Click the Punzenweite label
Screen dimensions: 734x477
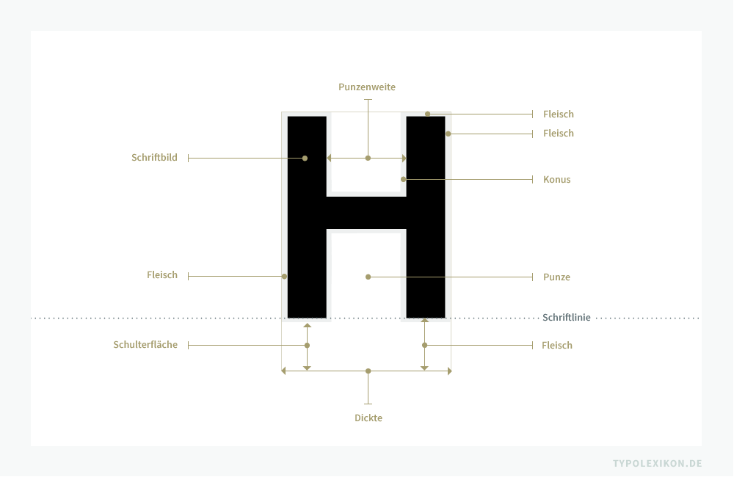(x=367, y=87)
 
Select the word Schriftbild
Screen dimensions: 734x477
(x=154, y=158)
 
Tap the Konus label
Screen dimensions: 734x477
(x=556, y=179)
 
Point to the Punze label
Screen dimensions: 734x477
(x=556, y=277)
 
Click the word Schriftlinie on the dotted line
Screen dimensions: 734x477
(x=567, y=317)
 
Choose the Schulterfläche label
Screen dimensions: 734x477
(x=145, y=344)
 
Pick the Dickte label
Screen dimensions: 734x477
(x=368, y=418)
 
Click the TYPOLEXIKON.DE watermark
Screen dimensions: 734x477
(x=657, y=464)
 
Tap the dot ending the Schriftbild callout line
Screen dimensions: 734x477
(x=305, y=159)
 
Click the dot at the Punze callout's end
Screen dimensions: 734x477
(x=368, y=277)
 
